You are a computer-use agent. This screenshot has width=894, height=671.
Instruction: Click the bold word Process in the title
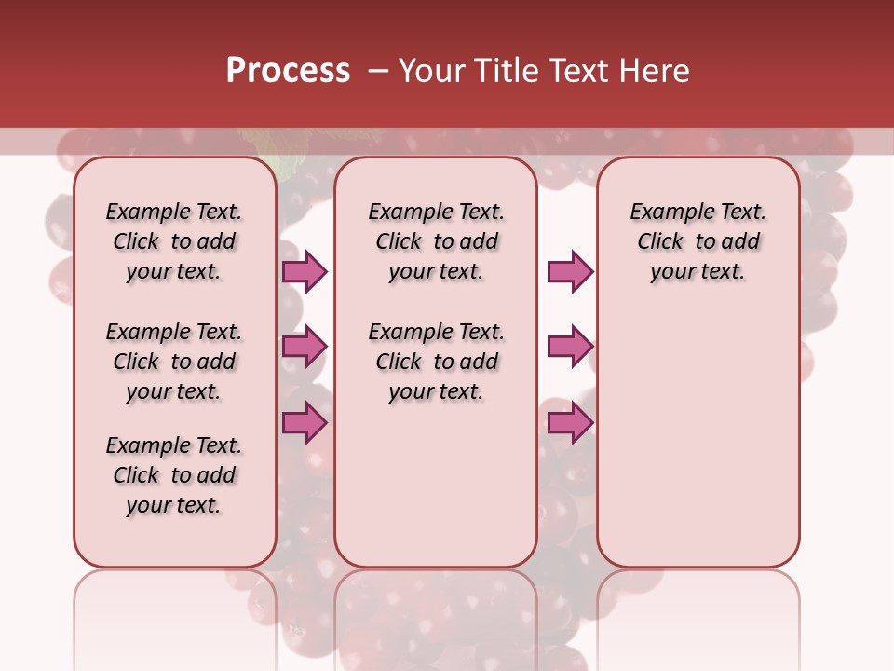pyautogui.click(x=288, y=71)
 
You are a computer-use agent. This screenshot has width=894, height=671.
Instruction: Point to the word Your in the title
pyautogui.click(x=433, y=71)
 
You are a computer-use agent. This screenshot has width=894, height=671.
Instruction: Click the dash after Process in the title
pyautogui.click(x=377, y=72)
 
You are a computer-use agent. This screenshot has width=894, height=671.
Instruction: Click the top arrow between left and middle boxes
pyautogui.click(x=305, y=271)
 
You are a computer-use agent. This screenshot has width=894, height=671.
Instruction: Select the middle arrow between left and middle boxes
pyautogui.click(x=305, y=347)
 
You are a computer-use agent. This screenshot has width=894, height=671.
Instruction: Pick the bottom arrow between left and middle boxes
pyautogui.click(x=305, y=422)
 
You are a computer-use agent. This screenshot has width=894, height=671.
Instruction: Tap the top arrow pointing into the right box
pyautogui.click(x=570, y=271)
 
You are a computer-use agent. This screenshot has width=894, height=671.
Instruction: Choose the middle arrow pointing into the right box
pyautogui.click(x=570, y=347)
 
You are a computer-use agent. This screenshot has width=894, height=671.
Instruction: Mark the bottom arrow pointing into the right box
pyautogui.click(x=570, y=422)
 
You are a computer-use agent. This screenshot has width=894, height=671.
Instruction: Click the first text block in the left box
pyautogui.click(x=173, y=241)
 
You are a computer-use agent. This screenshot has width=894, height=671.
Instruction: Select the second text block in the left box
pyautogui.click(x=173, y=362)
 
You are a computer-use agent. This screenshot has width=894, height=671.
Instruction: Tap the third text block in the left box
pyautogui.click(x=173, y=475)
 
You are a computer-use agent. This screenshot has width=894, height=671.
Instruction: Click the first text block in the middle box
pyautogui.click(x=436, y=241)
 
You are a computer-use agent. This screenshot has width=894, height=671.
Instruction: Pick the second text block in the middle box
pyautogui.click(x=436, y=362)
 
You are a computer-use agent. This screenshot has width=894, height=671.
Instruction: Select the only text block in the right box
pyautogui.click(x=698, y=241)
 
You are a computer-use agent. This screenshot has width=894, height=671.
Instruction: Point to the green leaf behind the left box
pyautogui.click(x=287, y=167)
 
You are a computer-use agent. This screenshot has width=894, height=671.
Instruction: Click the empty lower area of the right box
pyautogui.click(x=698, y=447)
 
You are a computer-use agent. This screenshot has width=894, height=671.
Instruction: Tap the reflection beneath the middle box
pyautogui.click(x=436, y=615)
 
